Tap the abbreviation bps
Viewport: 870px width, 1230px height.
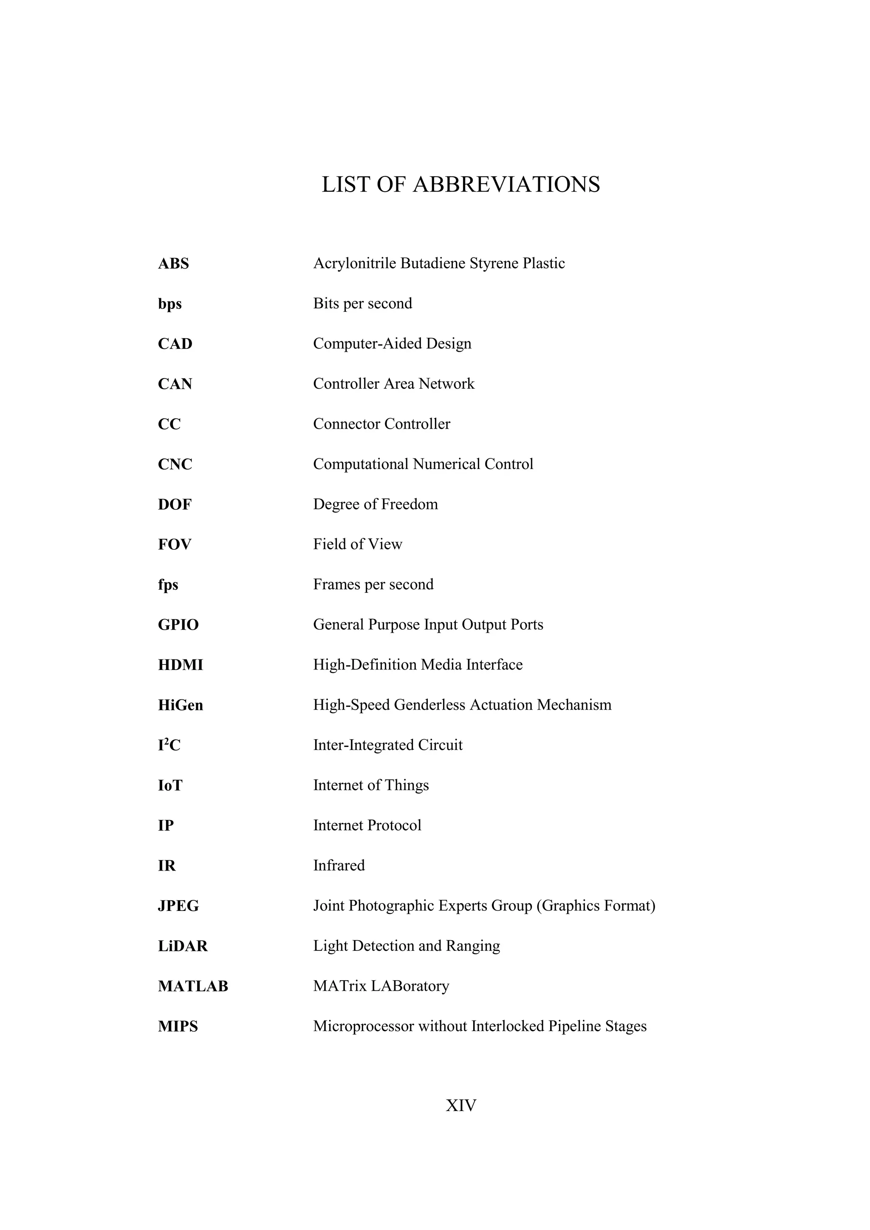(x=169, y=304)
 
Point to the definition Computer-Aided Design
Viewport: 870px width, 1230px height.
(x=392, y=343)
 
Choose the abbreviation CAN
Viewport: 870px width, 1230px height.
(x=175, y=384)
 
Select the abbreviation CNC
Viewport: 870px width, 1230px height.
(x=175, y=464)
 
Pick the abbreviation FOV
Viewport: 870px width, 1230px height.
(x=174, y=544)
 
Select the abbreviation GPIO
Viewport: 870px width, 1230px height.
(x=178, y=625)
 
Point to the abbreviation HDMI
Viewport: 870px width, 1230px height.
(x=180, y=665)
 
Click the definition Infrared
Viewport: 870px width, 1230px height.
(x=339, y=866)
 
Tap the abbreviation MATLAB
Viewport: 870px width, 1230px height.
(x=193, y=986)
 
